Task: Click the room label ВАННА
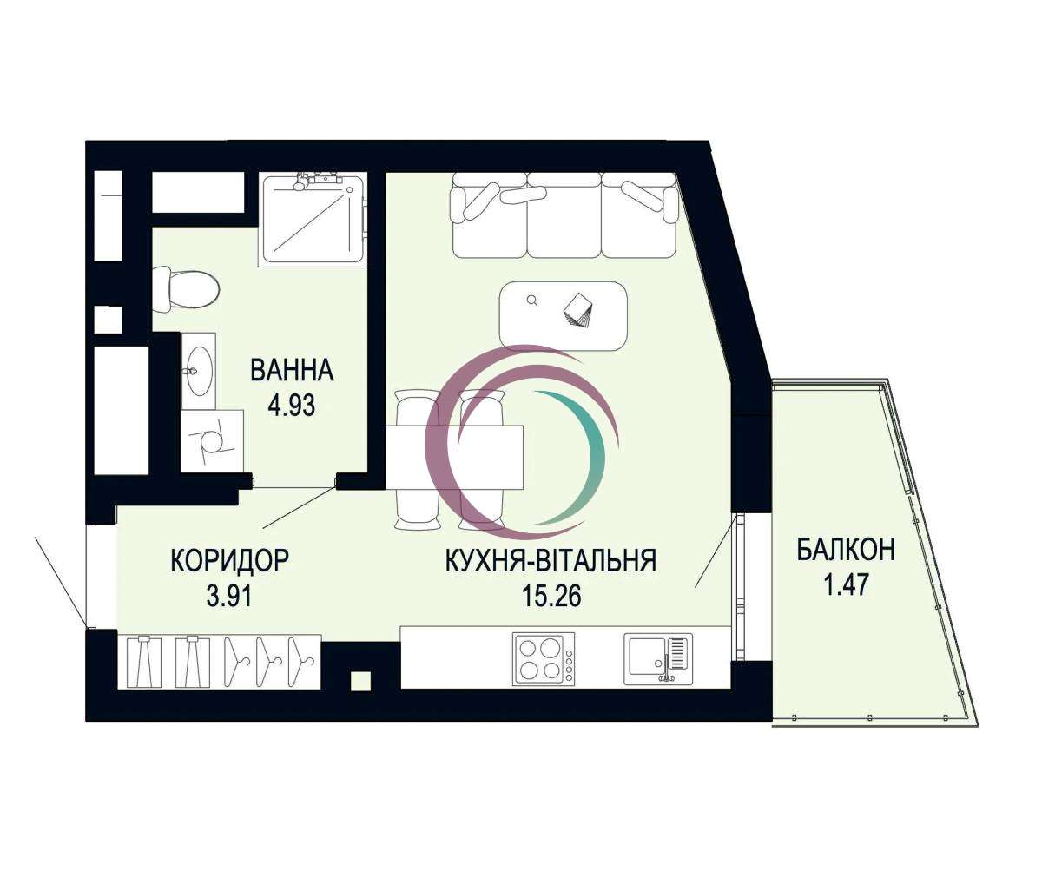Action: tap(292, 370)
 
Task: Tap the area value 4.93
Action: tap(292, 405)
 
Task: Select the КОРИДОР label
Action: tap(230, 560)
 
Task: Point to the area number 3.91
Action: tap(229, 596)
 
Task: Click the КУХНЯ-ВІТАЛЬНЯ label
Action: tap(551, 560)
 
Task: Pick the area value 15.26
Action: tap(551, 596)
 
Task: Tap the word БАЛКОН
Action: tap(846, 549)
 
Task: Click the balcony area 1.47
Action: tap(846, 585)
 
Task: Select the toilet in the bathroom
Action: tap(186, 290)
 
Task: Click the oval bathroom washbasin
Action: tap(199, 371)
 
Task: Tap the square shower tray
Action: tap(313, 220)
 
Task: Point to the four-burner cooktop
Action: tap(544, 658)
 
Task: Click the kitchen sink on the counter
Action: tap(658, 658)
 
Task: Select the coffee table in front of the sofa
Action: tap(563, 316)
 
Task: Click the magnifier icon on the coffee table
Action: tap(531, 301)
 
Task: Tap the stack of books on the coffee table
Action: tap(578, 311)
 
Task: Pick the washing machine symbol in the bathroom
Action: tap(212, 440)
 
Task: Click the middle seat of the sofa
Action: tap(564, 216)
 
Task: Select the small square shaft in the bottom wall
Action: tap(361, 682)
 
